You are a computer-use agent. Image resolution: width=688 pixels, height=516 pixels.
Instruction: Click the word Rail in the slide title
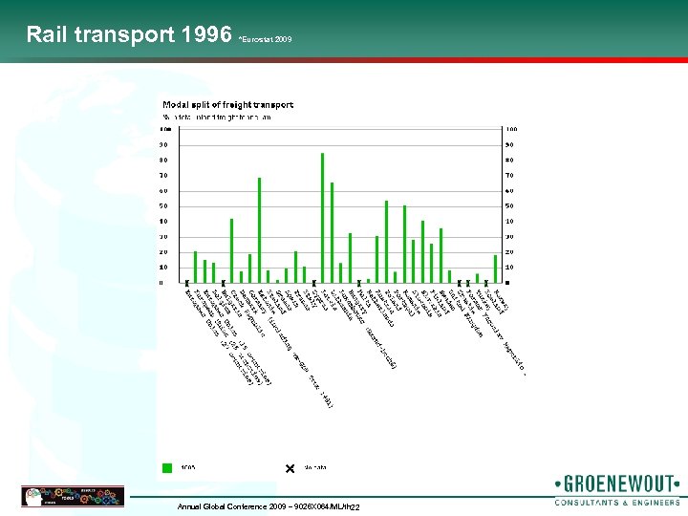(48, 35)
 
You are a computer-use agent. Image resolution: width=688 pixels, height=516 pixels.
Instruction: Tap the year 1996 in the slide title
(205, 35)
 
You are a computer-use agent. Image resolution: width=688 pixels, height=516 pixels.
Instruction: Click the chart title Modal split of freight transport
(228, 104)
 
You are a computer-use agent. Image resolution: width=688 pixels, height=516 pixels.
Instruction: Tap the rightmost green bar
(495, 269)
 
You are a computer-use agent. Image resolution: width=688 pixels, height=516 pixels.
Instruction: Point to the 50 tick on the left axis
(164, 206)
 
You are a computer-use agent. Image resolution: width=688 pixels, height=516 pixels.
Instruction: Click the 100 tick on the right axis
(512, 130)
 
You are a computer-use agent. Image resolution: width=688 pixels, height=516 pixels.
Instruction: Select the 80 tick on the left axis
(164, 161)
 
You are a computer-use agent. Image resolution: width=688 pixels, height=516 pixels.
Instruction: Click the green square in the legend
(167, 468)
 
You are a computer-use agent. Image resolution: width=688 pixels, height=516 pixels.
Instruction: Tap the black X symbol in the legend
(290, 468)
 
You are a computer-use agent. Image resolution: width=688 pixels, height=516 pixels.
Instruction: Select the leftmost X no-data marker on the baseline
(186, 283)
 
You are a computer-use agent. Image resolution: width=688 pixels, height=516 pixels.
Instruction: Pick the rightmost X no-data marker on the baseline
(486, 283)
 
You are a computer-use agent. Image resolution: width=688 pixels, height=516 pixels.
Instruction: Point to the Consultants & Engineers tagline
(617, 502)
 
